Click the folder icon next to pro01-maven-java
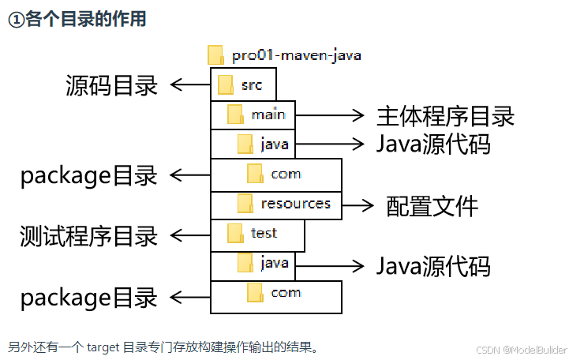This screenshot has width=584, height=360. click(216, 54)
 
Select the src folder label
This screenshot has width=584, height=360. click(252, 84)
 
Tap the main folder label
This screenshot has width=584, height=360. click(268, 114)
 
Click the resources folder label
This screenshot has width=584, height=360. click(295, 204)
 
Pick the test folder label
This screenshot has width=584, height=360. click(264, 233)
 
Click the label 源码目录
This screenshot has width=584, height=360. click(111, 85)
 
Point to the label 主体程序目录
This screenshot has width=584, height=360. click(445, 116)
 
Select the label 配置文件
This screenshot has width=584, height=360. click(432, 206)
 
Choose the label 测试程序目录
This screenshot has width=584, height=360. click(89, 234)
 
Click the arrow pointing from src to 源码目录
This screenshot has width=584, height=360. click(189, 84)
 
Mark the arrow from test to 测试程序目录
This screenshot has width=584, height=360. click(189, 234)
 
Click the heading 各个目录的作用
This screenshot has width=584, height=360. click(86, 20)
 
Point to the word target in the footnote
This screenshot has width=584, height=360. click(103, 347)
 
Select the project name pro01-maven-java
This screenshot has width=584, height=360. click(297, 55)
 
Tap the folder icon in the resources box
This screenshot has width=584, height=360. click(245, 204)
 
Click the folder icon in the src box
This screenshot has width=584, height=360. click(226, 84)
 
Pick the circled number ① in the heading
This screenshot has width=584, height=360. click(16, 21)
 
